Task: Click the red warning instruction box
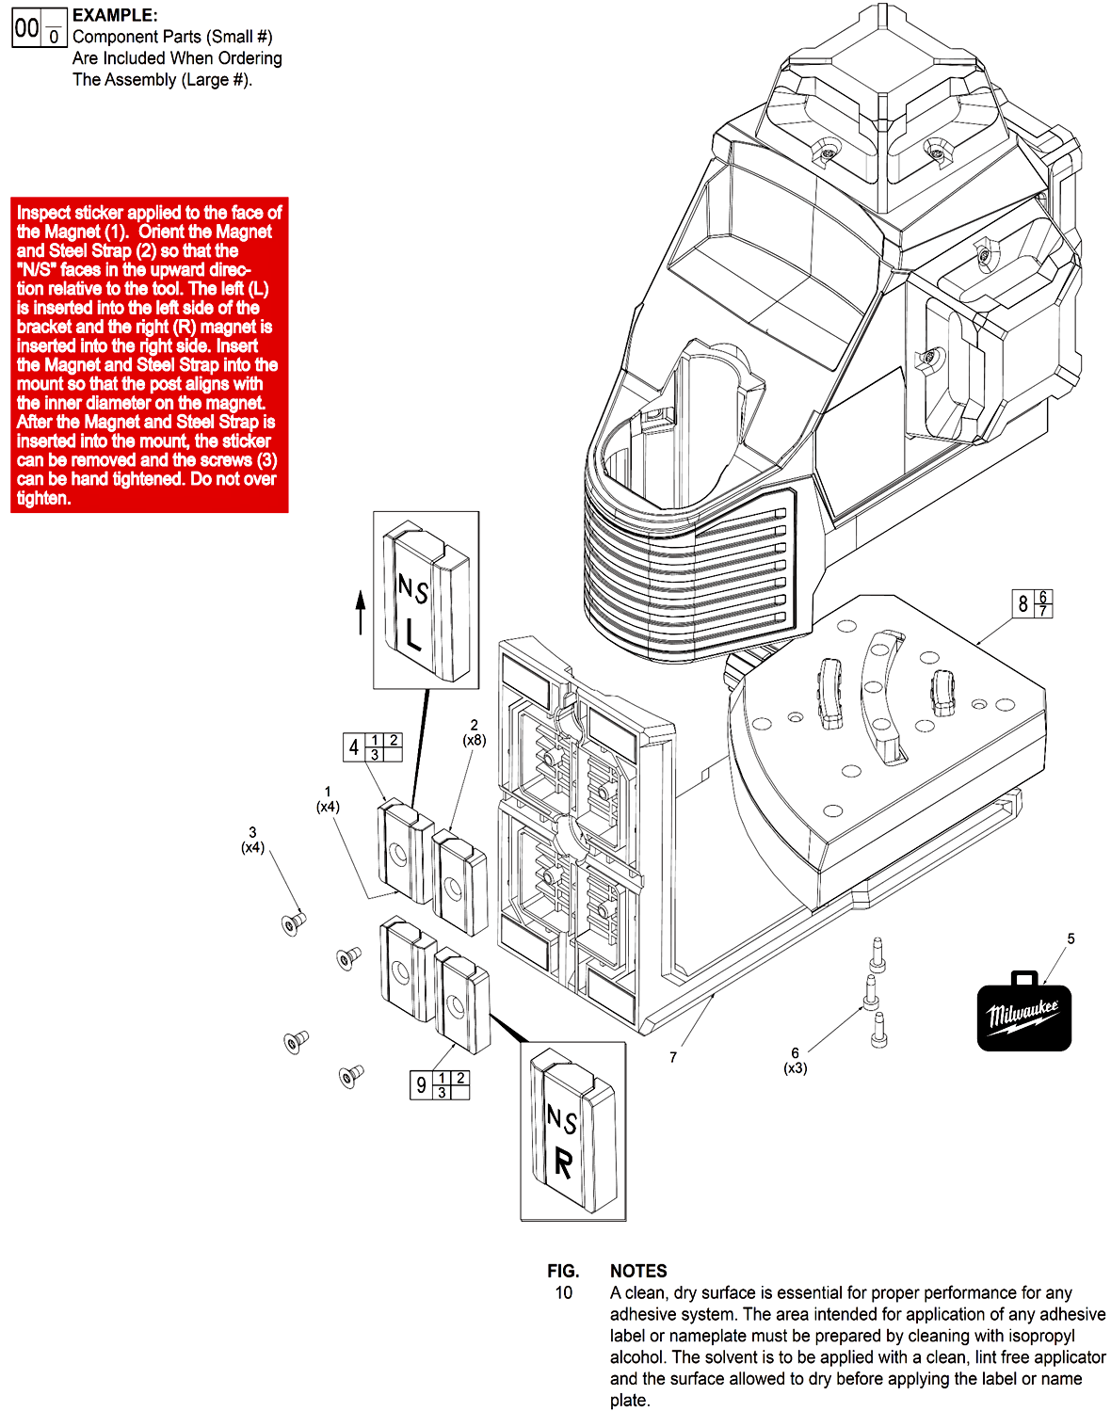click(149, 355)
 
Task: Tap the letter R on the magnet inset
click(563, 1163)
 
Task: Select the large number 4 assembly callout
click(354, 747)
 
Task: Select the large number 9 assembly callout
click(421, 1085)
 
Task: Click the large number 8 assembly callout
click(1023, 603)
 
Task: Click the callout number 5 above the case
click(1071, 938)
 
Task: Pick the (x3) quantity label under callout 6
click(796, 1068)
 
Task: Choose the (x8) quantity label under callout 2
click(474, 740)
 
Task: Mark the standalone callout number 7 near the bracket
click(673, 1057)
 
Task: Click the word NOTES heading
click(638, 1271)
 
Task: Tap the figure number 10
click(563, 1292)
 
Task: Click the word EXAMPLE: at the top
click(115, 15)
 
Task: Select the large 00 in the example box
click(26, 29)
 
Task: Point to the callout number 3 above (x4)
click(252, 832)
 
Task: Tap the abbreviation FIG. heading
click(563, 1271)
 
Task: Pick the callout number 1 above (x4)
click(328, 792)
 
